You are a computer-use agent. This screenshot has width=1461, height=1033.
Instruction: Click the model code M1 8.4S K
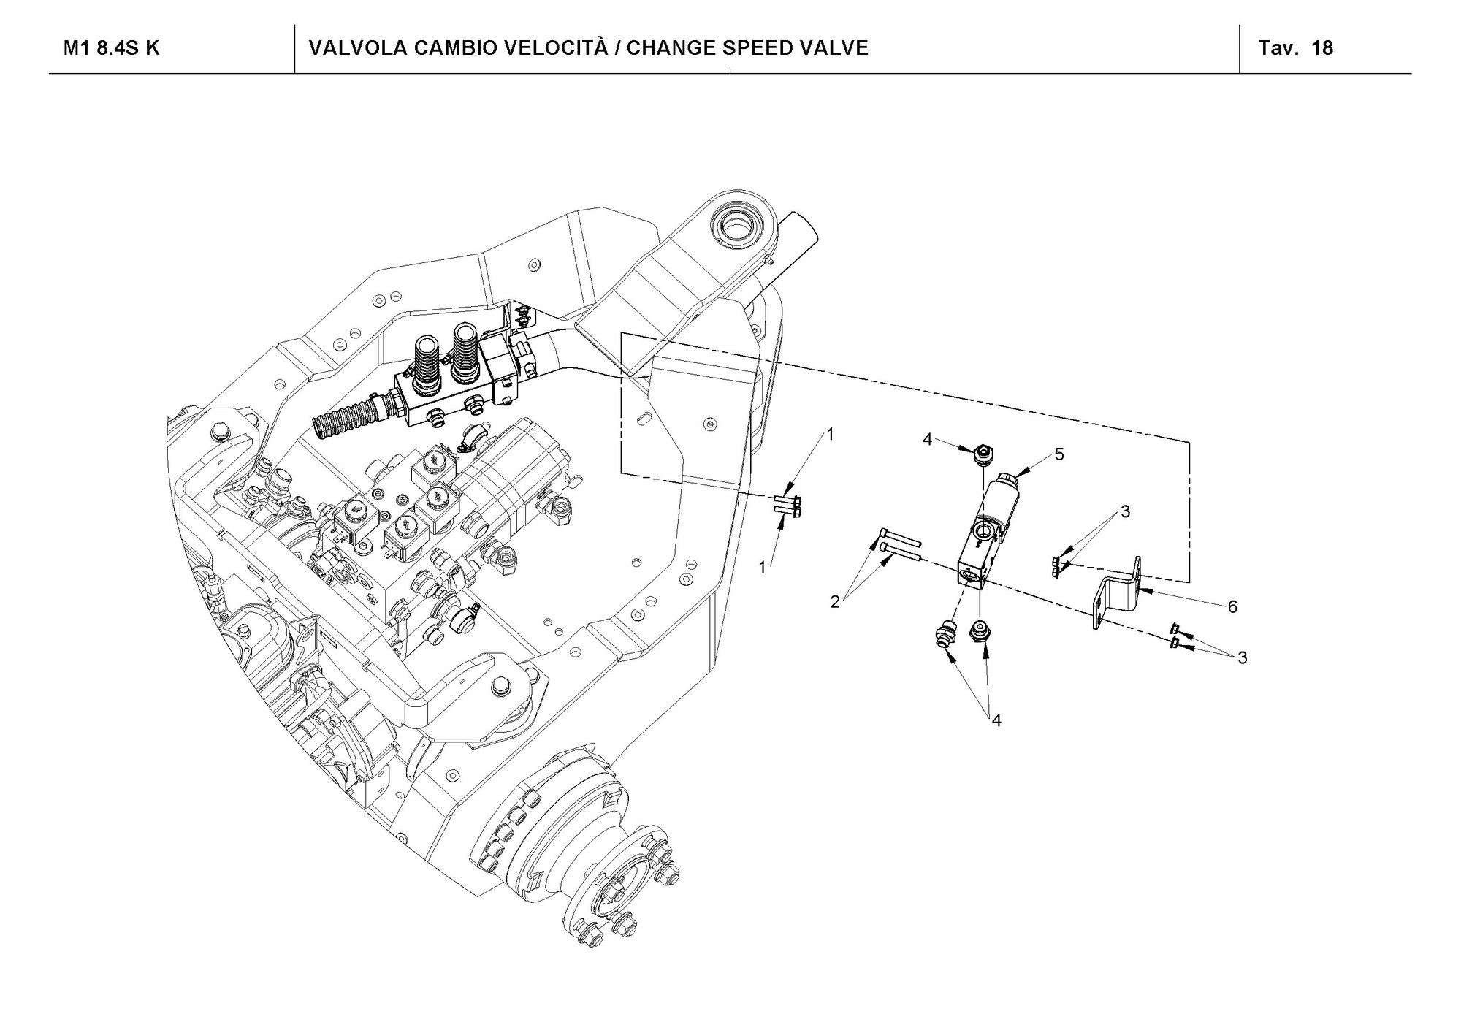click(111, 48)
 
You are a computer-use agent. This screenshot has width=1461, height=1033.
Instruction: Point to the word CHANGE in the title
click(671, 48)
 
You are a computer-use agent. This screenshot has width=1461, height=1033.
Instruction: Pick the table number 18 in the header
click(1322, 48)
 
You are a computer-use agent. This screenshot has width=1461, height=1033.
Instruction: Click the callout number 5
click(1058, 454)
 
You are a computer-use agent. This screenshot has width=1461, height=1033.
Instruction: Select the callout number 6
click(1232, 606)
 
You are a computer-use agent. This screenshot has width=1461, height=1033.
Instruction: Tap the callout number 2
click(836, 602)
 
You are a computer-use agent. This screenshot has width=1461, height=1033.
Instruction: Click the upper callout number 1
click(829, 435)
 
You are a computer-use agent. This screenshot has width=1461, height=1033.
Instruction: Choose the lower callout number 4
click(996, 720)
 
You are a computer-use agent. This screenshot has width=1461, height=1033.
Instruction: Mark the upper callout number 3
click(1125, 512)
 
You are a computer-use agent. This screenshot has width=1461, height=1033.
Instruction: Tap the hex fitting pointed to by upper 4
click(983, 454)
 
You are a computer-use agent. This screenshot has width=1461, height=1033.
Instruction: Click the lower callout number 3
click(1242, 657)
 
